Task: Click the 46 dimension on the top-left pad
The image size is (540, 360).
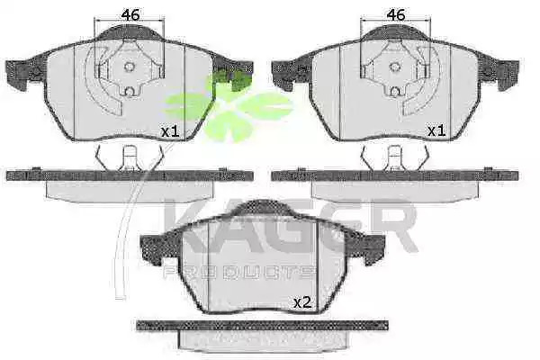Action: (x=130, y=14)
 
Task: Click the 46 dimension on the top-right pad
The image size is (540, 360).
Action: (x=396, y=14)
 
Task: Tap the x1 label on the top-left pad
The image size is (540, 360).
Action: (x=171, y=131)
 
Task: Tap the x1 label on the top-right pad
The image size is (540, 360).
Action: (x=436, y=130)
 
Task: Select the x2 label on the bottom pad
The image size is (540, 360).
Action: (x=302, y=302)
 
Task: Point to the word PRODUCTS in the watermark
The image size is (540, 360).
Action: (x=238, y=272)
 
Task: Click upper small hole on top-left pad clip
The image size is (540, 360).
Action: (x=129, y=67)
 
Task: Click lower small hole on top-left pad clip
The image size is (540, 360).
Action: (x=129, y=92)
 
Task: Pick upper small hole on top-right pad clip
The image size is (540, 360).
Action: (x=395, y=67)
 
